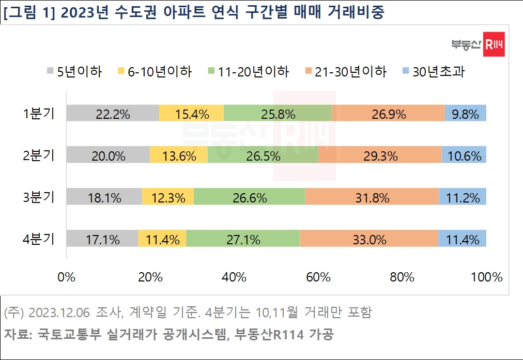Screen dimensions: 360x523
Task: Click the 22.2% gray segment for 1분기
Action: [112, 113]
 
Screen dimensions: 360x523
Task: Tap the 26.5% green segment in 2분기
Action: [263, 154]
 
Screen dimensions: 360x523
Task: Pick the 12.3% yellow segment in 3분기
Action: [167, 196]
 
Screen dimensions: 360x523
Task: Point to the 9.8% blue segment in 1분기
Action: [465, 113]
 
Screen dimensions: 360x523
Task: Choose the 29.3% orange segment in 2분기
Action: [380, 154]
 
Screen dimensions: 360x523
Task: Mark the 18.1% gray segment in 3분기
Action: [104, 196]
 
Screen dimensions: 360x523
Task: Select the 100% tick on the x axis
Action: [486, 277]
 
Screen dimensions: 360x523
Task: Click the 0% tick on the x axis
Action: [66, 277]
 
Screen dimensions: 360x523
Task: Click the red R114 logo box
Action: [494, 47]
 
